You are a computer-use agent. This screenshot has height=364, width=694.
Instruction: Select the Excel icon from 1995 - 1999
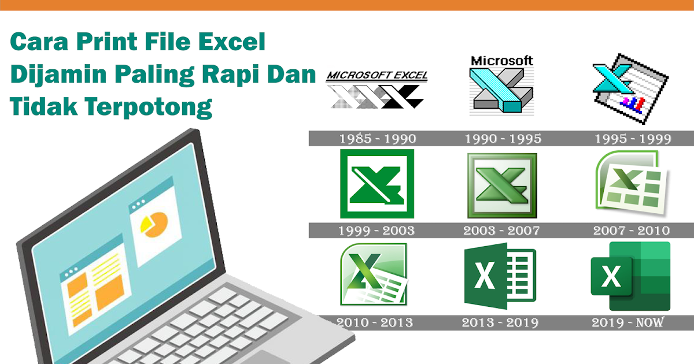(630, 88)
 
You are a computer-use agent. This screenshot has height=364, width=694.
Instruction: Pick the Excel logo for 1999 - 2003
(377, 184)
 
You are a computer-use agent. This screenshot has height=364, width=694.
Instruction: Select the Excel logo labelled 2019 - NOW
(630, 276)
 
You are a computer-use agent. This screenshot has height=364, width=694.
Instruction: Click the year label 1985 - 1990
(377, 139)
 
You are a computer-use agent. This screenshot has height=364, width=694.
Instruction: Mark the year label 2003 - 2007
(501, 231)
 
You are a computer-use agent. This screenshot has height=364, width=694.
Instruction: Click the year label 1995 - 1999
(633, 139)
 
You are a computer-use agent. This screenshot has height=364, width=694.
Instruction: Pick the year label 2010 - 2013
(375, 322)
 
